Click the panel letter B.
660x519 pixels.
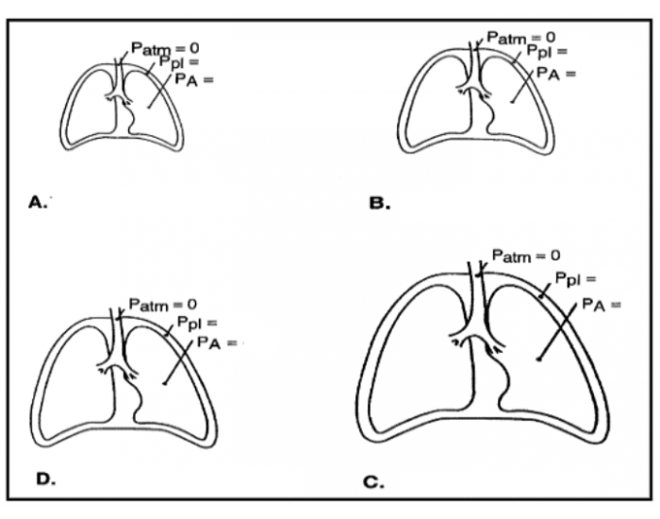379,202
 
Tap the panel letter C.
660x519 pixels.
373,482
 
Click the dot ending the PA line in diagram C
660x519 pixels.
538,360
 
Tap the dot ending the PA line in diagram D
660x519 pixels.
165,384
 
